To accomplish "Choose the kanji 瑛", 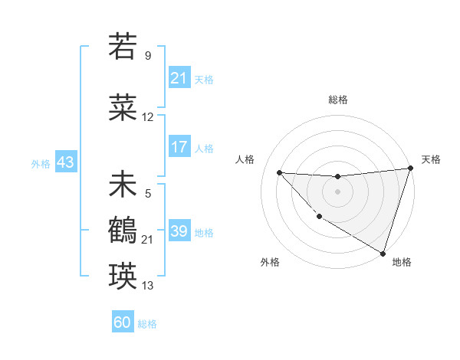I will tap(123, 274).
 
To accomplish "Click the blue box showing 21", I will tap(179, 79).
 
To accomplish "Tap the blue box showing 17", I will tap(179, 148).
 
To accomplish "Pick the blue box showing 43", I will tap(65, 163).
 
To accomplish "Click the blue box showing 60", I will tap(123, 322).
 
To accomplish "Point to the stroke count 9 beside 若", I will tap(148, 55).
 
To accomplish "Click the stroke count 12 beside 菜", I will tap(148, 117).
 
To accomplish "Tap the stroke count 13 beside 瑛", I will tap(148, 286).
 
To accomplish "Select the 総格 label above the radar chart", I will tap(337, 100).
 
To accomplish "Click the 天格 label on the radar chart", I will tap(431, 159).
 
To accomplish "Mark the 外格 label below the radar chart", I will tap(270, 262).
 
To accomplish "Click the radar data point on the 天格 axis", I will tap(410, 169).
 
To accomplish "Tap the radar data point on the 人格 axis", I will tap(279, 172).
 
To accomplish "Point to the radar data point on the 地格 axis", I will tap(383, 253).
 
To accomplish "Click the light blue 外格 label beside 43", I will tap(41, 164).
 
